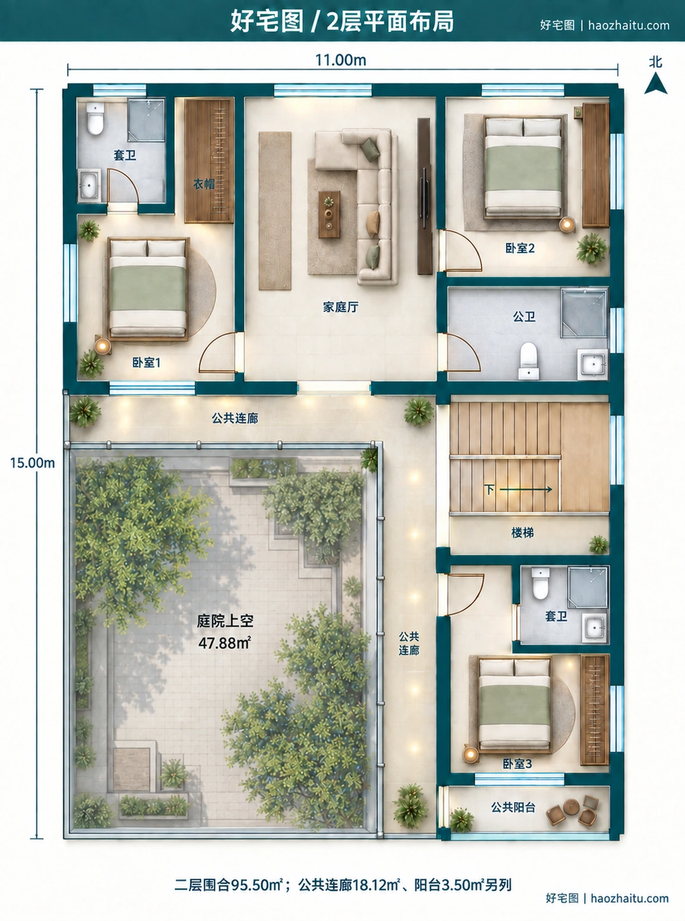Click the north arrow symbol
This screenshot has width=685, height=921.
click(655, 84)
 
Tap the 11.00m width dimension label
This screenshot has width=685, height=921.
click(341, 61)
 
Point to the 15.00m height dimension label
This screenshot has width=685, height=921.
click(32, 462)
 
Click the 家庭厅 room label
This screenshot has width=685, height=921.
click(341, 307)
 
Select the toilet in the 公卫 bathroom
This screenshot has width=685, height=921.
click(529, 360)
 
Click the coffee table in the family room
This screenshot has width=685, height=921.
click(329, 214)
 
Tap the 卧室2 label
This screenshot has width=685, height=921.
click(520, 248)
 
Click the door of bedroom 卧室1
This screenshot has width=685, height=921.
click(218, 352)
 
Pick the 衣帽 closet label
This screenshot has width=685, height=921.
click(204, 184)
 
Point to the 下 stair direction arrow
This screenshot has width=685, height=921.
click(525, 490)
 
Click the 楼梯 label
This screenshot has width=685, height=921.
click(522, 533)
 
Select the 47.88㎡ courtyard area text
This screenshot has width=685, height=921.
click(224, 643)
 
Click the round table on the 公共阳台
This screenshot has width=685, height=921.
click(571, 806)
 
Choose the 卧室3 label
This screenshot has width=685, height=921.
click(517, 764)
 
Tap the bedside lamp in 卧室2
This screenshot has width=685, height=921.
click(567, 225)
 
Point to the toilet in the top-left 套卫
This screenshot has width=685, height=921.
click(95, 118)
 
